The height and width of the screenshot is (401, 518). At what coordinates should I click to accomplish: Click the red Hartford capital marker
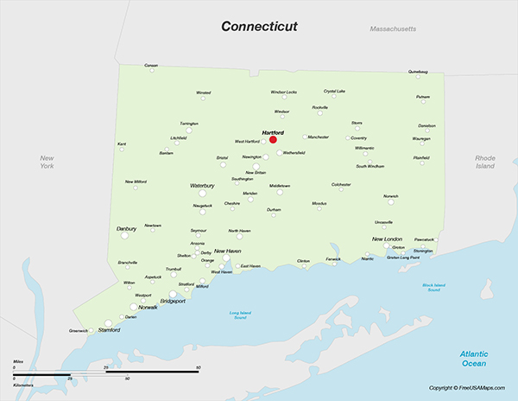tap(273, 139)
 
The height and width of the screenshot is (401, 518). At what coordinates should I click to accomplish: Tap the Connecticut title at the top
tap(259, 26)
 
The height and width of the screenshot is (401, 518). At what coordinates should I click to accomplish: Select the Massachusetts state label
tap(393, 29)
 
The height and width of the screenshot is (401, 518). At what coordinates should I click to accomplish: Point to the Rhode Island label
tap(484, 162)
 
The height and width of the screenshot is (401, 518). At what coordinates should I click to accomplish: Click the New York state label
tap(47, 162)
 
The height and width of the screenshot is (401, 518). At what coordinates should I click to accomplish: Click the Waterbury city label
tap(202, 186)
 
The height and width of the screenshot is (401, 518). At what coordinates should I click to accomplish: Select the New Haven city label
tap(228, 251)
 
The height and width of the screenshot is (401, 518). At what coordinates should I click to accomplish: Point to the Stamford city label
tap(109, 330)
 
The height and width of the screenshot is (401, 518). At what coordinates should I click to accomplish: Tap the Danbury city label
tap(126, 229)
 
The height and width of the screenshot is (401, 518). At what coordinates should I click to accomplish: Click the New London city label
tap(387, 239)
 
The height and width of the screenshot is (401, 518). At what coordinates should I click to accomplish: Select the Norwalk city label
tap(148, 308)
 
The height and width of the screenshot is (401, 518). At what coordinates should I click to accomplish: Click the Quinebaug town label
tap(418, 72)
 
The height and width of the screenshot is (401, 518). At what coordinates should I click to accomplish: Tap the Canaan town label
tap(151, 66)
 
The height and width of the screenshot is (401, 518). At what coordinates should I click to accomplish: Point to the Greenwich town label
tap(79, 330)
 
